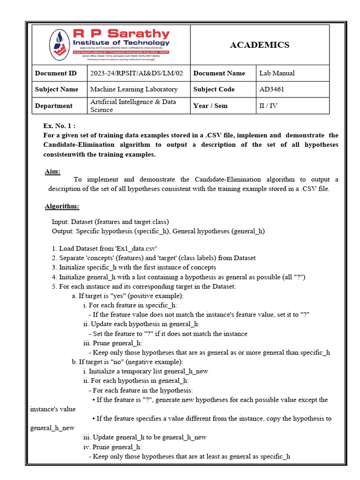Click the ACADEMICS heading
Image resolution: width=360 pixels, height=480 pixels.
(259, 45)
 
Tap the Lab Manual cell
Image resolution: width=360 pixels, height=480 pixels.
(277, 73)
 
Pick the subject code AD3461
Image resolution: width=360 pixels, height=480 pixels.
(272, 89)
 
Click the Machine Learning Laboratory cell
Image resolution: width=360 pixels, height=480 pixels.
(134, 89)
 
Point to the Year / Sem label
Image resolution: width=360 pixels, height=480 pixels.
(210, 105)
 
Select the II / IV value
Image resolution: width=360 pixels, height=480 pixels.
(269, 105)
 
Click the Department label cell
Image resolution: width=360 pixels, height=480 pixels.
(53, 106)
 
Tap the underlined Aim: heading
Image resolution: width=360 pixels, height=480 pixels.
(52, 172)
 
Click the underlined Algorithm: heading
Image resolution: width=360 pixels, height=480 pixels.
(62, 207)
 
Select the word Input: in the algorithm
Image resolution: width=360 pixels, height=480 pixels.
(60, 222)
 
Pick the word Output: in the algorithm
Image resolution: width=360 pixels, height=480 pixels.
(63, 231)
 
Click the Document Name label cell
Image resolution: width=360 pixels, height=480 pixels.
(219, 73)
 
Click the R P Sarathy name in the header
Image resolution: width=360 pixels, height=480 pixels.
(121, 34)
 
